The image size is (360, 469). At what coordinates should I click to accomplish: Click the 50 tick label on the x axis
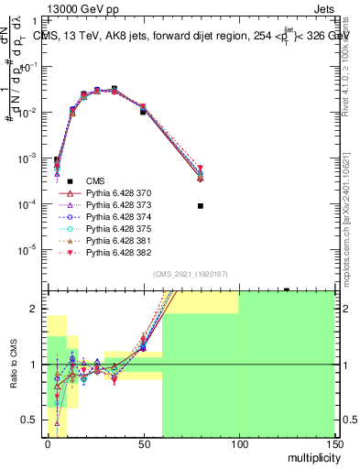click(x=143, y=444)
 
